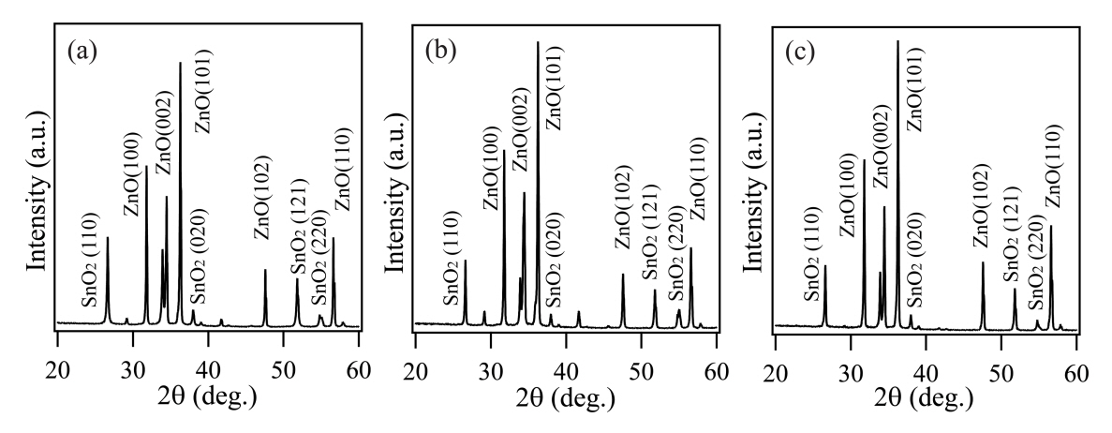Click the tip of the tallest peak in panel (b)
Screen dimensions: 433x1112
click(x=538, y=42)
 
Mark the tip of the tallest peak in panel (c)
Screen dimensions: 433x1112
click(x=897, y=41)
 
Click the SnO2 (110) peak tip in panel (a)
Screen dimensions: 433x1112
click(x=108, y=237)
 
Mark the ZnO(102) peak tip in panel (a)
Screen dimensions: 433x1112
click(x=265, y=270)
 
